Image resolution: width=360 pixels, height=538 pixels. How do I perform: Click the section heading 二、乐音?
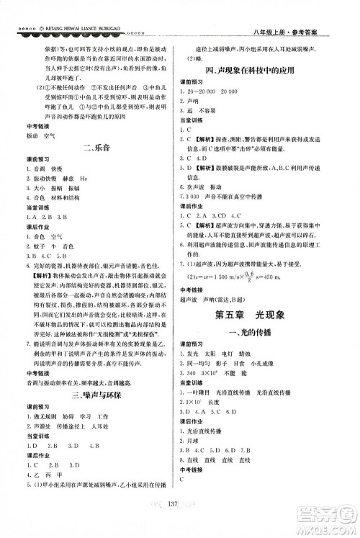95,149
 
